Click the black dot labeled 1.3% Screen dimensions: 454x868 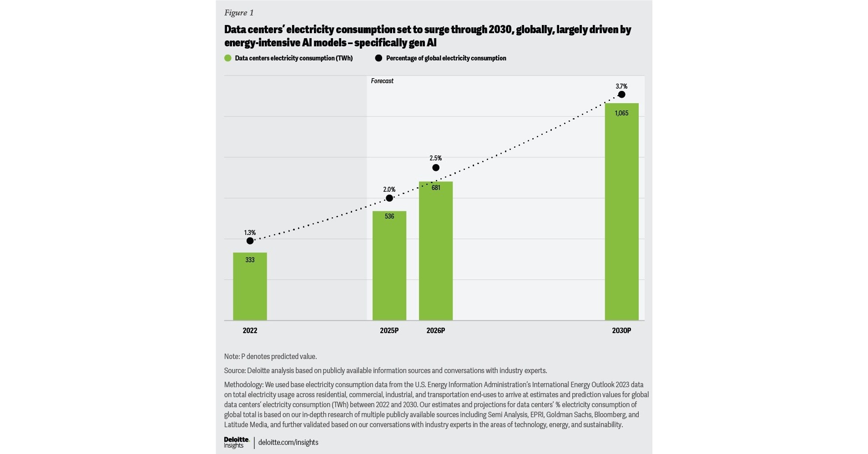[x=250, y=241]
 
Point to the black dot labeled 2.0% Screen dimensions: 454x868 [x=389, y=198]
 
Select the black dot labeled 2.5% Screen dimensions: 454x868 [x=436, y=168]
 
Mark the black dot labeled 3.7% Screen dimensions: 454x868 [x=622, y=95]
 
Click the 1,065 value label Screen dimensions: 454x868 [x=621, y=113]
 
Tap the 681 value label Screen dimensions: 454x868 [x=436, y=188]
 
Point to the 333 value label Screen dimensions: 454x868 [x=250, y=260]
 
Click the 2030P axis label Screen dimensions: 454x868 [x=621, y=331]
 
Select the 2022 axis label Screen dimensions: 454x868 [x=250, y=331]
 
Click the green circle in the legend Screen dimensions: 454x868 [x=228, y=58]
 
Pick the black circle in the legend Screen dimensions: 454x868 [x=378, y=58]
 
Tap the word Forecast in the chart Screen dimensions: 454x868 [x=382, y=81]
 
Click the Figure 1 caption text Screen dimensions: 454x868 [x=239, y=13]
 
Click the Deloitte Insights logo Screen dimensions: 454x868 [x=237, y=442]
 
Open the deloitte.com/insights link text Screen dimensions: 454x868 [x=288, y=442]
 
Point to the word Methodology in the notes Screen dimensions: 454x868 [x=243, y=384]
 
